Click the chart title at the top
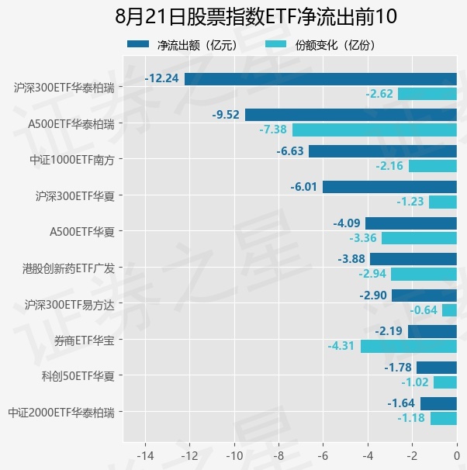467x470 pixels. tap(256, 16)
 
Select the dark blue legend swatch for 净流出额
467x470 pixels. tap(138, 44)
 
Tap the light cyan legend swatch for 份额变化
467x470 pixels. tap(275, 44)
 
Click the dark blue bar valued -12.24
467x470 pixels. tap(320, 79)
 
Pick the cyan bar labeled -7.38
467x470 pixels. tap(375, 130)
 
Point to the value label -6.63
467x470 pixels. tap(290, 151)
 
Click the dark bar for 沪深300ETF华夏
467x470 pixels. tap(389, 187)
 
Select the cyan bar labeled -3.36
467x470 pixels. tap(419, 238)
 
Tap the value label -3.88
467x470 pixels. tap(351, 259)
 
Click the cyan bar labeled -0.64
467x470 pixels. tap(449, 310)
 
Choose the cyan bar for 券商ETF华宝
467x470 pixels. tap(409, 346)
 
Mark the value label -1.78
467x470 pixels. tap(398, 368)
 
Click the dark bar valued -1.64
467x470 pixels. tap(438, 403)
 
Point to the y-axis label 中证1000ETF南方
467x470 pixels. tap(72, 160)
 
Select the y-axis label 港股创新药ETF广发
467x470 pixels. tap(68, 268)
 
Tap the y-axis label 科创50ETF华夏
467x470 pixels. tap(78, 376)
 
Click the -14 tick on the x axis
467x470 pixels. tap(145, 456)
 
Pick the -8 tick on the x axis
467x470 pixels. tap(278, 456)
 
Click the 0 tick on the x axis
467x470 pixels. tap(457, 456)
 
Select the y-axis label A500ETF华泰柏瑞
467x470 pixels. tap(71, 124)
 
